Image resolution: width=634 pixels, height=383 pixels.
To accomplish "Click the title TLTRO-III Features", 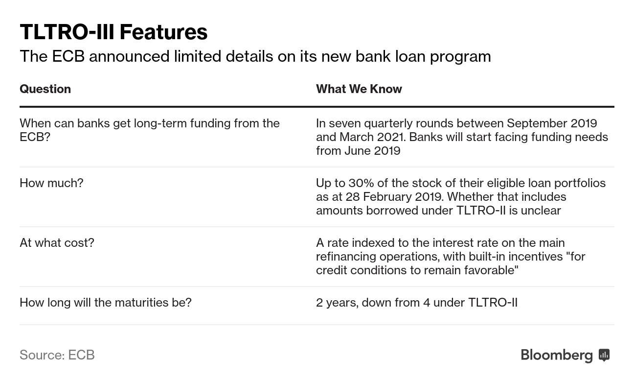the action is (x=113, y=32).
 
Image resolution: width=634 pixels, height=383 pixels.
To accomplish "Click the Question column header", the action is (x=45, y=89).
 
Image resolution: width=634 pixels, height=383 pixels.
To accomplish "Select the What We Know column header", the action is (x=359, y=89).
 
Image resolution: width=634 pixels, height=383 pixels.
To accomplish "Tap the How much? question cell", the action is (x=51, y=183).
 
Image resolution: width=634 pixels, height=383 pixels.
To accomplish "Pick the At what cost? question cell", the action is (x=57, y=243).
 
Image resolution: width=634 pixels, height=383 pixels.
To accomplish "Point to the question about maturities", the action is (x=106, y=303).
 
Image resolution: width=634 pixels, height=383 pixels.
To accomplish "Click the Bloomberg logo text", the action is (x=557, y=355).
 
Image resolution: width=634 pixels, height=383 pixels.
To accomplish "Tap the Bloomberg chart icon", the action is (x=604, y=355).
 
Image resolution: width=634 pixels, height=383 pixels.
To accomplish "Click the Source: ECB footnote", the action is (x=57, y=355).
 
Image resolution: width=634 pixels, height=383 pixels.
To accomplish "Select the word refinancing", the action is (x=346, y=257).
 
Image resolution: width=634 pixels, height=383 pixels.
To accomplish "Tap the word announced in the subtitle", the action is (x=129, y=56).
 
